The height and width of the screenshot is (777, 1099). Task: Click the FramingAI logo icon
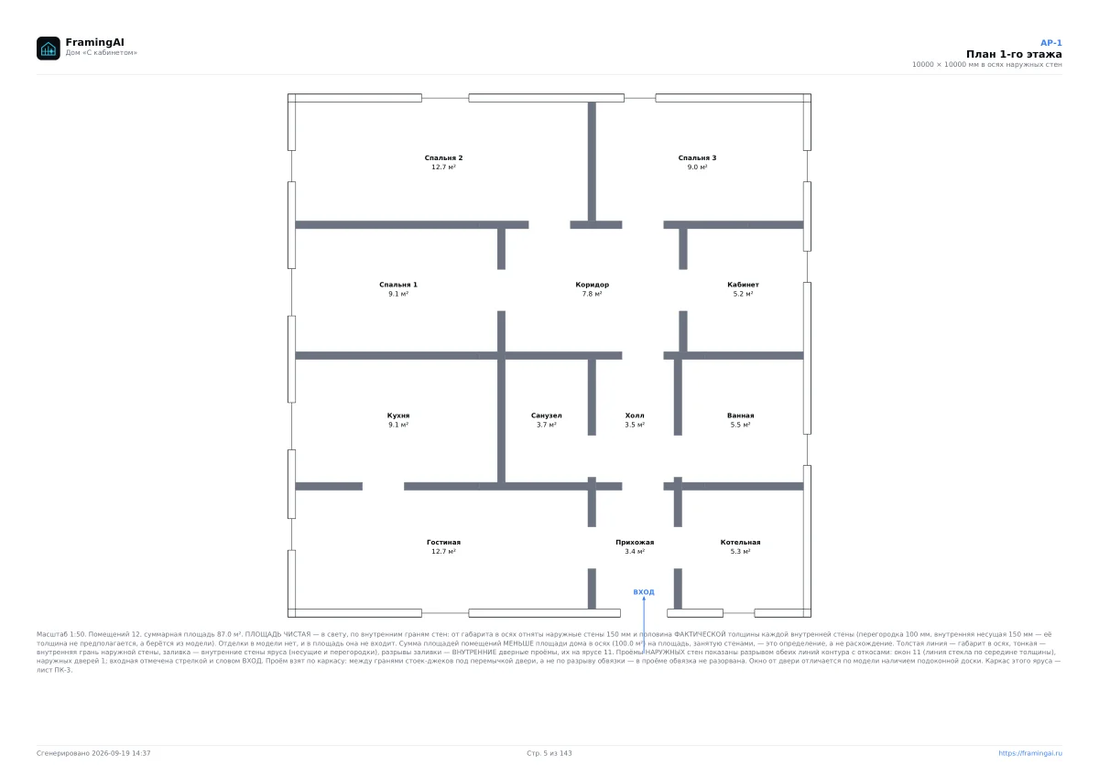point(48,48)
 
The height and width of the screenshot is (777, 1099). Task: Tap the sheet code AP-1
point(1051,43)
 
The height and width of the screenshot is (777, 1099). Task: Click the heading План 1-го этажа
point(1014,54)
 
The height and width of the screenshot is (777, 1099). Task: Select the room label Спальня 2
point(443,157)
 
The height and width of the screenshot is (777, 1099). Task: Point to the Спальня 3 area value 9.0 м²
point(697,167)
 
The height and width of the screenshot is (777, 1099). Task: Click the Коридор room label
point(593,285)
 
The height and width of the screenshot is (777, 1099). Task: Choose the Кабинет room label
point(743,285)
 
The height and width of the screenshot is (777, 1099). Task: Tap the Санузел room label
point(546,415)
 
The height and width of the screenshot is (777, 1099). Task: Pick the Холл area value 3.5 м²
point(635,425)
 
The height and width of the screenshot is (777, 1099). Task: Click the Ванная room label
point(740,415)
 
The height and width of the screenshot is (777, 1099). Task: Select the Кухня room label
point(397,415)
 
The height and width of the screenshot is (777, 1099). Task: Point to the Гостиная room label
point(443,542)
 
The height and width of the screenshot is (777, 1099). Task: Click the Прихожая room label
point(635,542)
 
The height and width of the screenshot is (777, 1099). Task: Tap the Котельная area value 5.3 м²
point(740,552)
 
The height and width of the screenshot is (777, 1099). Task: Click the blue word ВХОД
point(644,592)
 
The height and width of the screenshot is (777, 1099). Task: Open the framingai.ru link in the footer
point(1029,753)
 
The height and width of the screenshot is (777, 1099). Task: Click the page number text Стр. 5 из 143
point(549,753)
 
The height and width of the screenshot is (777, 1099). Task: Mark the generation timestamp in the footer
point(93,753)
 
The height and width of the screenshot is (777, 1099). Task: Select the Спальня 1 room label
point(397,285)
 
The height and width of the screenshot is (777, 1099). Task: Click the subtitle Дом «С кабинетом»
point(101,52)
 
